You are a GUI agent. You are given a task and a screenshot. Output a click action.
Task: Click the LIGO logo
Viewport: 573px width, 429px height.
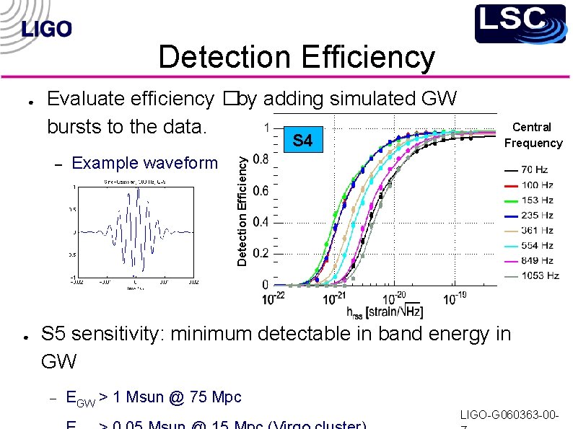(47, 29)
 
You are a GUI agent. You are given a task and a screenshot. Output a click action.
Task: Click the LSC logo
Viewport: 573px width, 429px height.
(520, 23)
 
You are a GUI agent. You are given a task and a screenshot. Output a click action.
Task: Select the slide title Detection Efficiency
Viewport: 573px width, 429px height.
(297, 58)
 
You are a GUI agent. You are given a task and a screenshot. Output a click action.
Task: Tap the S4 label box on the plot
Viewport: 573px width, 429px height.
(303, 141)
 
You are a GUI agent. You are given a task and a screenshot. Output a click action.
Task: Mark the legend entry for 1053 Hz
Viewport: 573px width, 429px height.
(533, 276)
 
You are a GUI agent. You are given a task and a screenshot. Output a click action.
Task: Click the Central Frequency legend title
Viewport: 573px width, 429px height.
(533, 135)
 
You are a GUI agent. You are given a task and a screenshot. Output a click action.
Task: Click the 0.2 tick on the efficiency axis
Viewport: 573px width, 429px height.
(261, 253)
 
